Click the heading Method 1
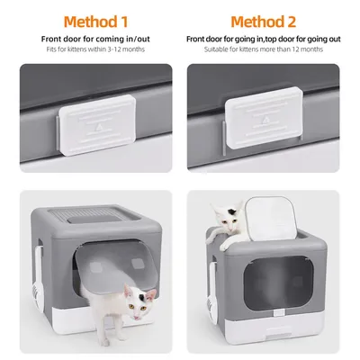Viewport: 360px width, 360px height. (89, 21)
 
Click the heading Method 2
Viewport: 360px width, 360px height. (269, 21)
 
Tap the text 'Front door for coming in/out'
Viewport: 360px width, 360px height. (89, 40)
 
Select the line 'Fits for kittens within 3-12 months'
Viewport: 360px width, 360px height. (89, 50)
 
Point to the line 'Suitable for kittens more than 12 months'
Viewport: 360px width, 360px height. (269, 50)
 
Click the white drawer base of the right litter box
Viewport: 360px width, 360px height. (270, 337)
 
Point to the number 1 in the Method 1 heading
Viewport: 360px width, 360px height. (125, 21)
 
